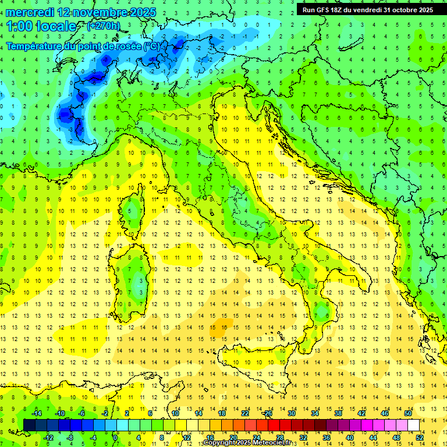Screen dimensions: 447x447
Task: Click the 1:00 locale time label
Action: [41, 26]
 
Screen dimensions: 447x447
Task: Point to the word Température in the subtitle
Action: [36, 46]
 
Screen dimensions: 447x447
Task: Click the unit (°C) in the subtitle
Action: [152, 46]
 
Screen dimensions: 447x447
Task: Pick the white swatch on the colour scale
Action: [414, 425]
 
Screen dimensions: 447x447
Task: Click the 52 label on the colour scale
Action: [420, 437]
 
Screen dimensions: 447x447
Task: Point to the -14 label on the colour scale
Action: [36, 413]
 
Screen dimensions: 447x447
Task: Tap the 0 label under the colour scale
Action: [115, 437]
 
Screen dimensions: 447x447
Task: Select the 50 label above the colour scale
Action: [408, 413]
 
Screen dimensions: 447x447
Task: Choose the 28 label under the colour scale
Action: [280, 437]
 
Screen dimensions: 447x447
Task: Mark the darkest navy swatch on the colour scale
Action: [30, 425]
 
